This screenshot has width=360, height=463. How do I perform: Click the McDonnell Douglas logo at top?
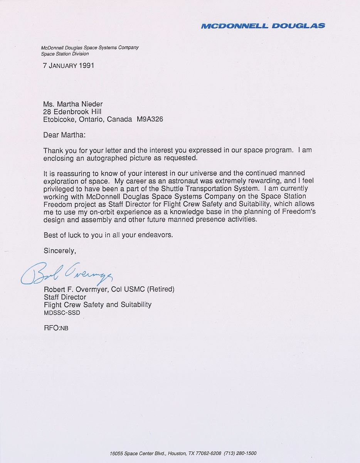(263, 26)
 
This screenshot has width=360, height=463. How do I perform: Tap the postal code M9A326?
(150, 119)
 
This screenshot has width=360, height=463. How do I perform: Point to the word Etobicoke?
(59, 119)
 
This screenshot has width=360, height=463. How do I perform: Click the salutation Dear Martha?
(65, 135)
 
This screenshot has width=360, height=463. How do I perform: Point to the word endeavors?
(156, 235)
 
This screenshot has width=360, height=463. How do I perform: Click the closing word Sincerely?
(60, 250)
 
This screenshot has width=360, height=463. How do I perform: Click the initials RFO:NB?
(56, 328)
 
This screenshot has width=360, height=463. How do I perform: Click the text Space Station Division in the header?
(65, 54)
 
